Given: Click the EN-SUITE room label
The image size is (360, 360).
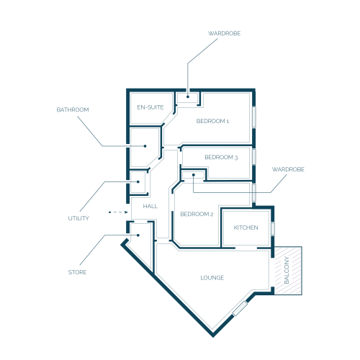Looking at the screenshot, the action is pyautogui.click(x=150, y=107).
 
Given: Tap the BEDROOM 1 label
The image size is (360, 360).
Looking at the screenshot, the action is pyautogui.click(x=212, y=121).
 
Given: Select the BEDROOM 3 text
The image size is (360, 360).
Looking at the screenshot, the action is pyautogui.click(x=221, y=157).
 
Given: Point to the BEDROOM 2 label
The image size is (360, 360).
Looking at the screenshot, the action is pyautogui.click(x=197, y=214).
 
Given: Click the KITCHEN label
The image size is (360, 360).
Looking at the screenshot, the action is pyautogui.click(x=246, y=228).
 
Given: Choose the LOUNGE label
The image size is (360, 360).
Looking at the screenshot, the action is pyautogui.click(x=212, y=278).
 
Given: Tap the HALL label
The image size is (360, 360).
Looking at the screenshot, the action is pyautogui.click(x=150, y=206).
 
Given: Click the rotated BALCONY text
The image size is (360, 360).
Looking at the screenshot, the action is pyautogui.click(x=287, y=270).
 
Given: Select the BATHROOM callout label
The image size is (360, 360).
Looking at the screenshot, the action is pyautogui.click(x=73, y=109).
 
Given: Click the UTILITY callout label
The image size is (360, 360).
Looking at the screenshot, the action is pyautogui.click(x=78, y=218).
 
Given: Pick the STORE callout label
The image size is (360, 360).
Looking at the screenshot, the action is pyautogui.click(x=77, y=272).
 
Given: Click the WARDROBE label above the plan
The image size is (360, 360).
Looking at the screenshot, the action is pyautogui.click(x=224, y=33).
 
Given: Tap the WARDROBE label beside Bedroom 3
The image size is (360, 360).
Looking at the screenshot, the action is pyautogui.click(x=288, y=169).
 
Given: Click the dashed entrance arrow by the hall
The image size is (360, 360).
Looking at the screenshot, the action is pyautogui.click(x=118, y=212).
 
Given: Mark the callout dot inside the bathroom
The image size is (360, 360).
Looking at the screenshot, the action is pyautogui.click(x=145, y=146).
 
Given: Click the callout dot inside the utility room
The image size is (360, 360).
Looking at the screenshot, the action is pyautogui.click(x=138, y=181).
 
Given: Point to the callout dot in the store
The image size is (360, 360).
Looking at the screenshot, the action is pyautogui.click(x=138, y=235).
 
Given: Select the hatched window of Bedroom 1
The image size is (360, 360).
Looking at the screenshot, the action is pyautogui.click(x=254, y=117).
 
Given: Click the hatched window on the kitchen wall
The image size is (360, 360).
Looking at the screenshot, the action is pyautogui.click(x=273, y=229).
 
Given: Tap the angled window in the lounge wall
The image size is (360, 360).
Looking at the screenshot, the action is pyautogui.click(x=240, y=308).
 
